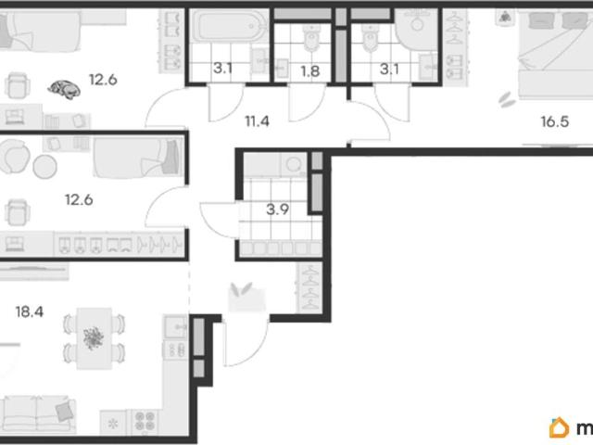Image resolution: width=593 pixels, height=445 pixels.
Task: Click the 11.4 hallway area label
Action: click(258, 121)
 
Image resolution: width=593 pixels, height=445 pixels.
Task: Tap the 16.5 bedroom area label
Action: click(555, 121)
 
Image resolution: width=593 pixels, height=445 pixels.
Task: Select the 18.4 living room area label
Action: click(30, 311)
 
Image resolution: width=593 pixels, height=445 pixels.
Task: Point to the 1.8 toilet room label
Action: click(310, 70)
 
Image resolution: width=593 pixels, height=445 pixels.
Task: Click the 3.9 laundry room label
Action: click(278, 210)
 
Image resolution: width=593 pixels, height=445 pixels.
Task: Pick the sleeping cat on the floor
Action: click(64, 89)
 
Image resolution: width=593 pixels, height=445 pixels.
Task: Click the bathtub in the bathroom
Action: click(229, 26)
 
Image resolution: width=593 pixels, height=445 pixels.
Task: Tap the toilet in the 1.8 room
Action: click(311, 37)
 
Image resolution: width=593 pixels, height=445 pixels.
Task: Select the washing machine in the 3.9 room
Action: click(294, 165)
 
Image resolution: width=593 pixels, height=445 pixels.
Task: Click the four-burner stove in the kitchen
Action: click(145, 422)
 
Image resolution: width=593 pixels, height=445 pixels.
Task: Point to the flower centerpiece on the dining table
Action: click(94, 337)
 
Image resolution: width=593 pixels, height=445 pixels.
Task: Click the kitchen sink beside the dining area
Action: click(176, 325)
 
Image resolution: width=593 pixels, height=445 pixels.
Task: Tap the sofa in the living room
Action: click(38, 414)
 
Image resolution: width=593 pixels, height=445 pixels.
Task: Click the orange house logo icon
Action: click(560, 427)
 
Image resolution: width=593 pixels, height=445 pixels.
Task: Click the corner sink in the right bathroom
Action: click(416, 30)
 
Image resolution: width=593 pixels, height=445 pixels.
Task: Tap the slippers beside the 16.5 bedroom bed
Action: click(507, 99)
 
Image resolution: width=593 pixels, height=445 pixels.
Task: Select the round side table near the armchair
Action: click(45, 167)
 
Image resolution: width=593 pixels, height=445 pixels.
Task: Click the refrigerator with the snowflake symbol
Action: click(113, 423)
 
